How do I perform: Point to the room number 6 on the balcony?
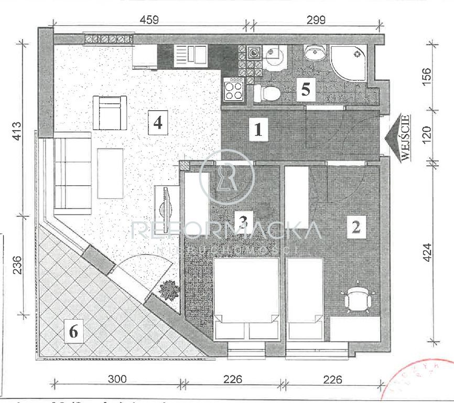[74, 332]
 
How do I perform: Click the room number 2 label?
[356, 227]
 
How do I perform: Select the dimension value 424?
[428, 254]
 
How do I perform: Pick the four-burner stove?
[233, 89]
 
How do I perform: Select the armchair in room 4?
[110, 112]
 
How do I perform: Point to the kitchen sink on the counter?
[191, 54]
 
